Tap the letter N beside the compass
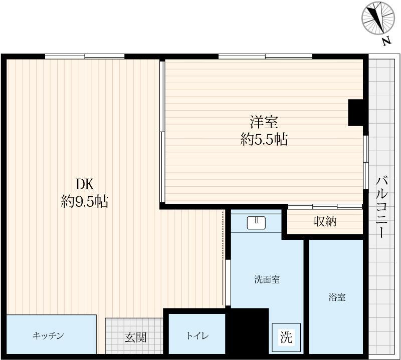pos(386,42)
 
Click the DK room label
pos(85,183)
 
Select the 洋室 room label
pos(264,122)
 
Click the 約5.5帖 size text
pos(264,140)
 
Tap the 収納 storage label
pos(325,221)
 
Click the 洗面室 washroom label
pos(267,280)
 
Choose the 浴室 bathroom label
pos(336,297)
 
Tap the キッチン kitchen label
pos(49,336)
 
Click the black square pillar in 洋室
pos(356,112)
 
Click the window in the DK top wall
pos(84,56)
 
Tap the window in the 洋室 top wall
pos(265,56)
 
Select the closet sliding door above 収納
pos(325,206)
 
